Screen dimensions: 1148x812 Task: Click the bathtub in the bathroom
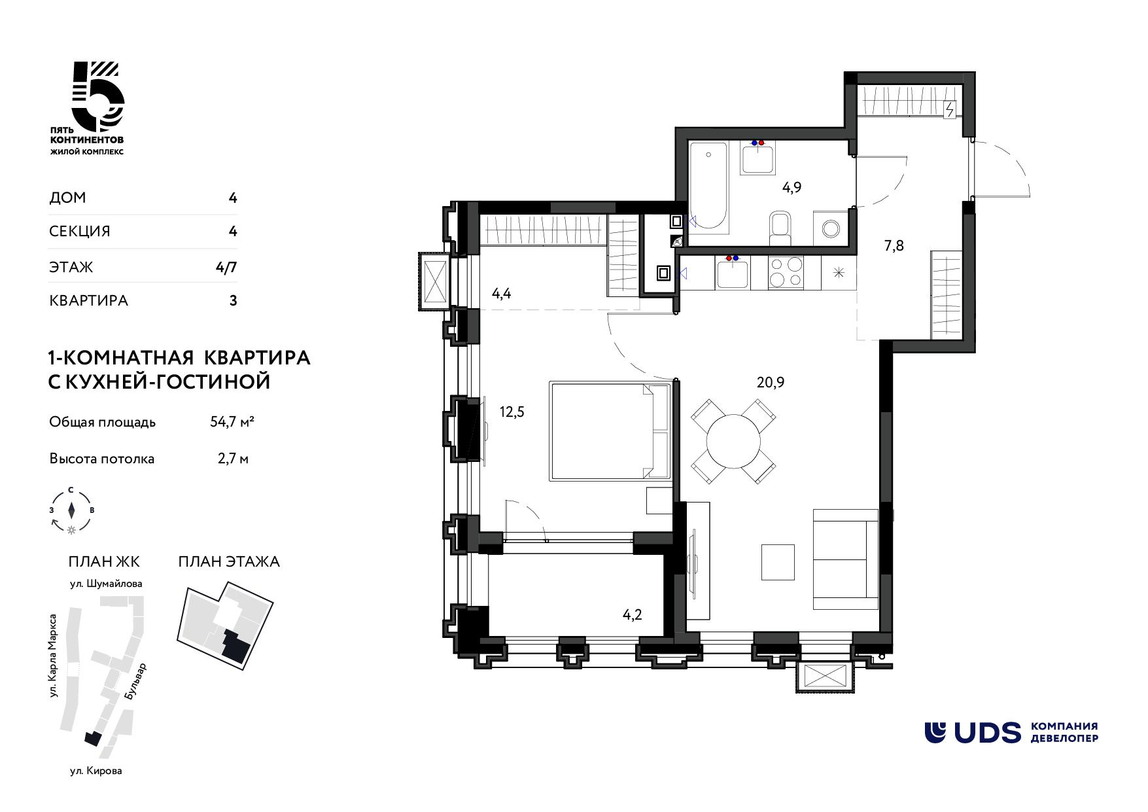tap(708, 188)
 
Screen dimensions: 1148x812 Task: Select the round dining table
tap(733, 441)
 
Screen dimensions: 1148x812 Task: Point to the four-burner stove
tap(784, 272)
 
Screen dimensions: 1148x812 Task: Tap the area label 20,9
tap(770, 382)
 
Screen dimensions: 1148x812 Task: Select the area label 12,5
tap(512, 412)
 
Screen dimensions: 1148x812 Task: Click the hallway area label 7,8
tap(894, 246)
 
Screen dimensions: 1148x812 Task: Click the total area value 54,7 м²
tap(232, 422)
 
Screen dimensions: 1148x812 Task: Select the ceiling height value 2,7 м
tap(233, 459)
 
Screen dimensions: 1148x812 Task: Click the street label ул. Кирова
tap(96, 771)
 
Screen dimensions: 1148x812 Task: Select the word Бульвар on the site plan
tap(135, 683)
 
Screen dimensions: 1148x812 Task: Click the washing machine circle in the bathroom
tap(830, 228)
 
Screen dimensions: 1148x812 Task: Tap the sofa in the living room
tap(845, 559)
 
